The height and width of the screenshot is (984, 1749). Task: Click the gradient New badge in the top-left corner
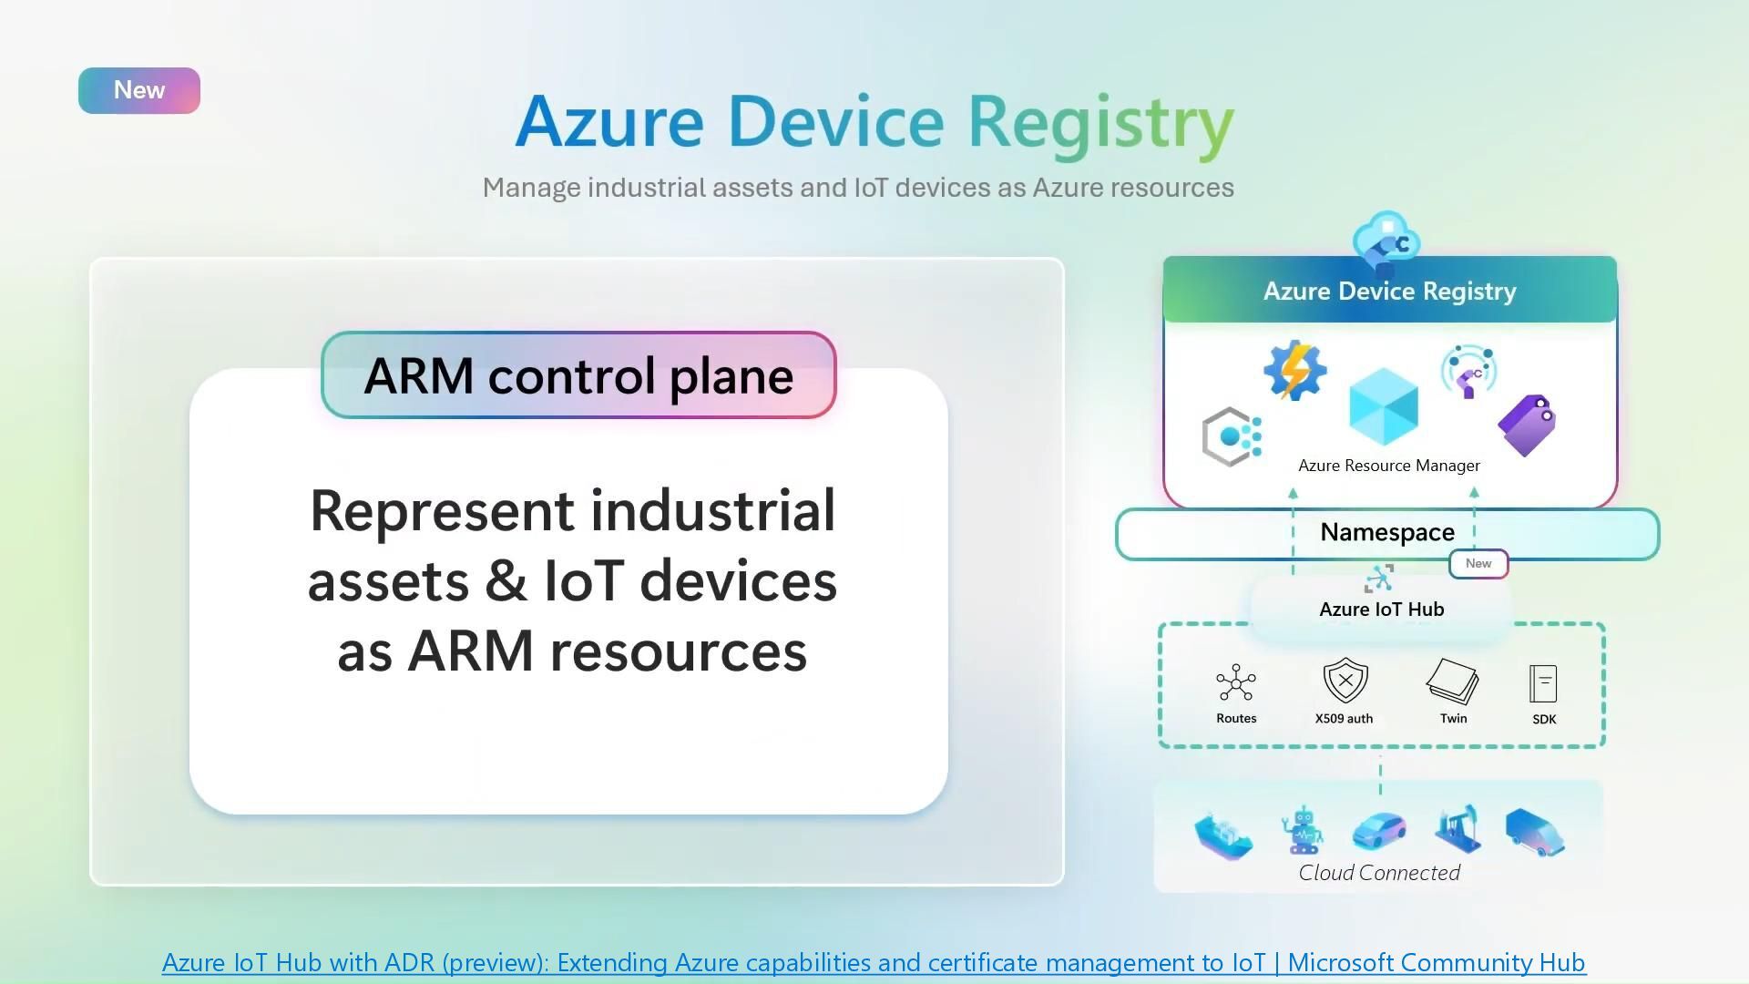tap(139, 90)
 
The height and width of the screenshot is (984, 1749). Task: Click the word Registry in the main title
tap(1100, 123)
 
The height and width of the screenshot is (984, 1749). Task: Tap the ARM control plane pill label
tap(578, 375)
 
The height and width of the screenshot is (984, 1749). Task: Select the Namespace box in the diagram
tap(1386, 533)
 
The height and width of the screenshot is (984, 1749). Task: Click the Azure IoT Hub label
tap(1381, 610)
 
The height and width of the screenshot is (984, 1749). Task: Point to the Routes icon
tap(1236, 683)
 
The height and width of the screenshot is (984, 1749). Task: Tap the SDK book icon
tap(1543, 683)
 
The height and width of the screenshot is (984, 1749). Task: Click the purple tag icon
tap(1527, 425)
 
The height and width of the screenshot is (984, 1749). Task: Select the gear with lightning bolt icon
tap(1294, 370)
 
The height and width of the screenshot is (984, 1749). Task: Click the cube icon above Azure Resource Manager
tap(1384, 407)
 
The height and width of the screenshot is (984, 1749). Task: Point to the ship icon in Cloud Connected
tap(1223, 835)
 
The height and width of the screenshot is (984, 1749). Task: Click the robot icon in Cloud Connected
tap(1303, 830)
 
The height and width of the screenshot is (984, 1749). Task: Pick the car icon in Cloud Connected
tap(1379, 830)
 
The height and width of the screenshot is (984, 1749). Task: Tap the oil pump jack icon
tap(1457, 829)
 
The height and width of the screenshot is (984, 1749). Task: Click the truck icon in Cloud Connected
tap(1535, 832)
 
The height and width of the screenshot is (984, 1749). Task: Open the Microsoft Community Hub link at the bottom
tap(874, 963)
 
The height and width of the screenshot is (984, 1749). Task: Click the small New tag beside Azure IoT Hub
tap(1478, 564)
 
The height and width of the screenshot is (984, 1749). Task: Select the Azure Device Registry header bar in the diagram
tap(1389, 292)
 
